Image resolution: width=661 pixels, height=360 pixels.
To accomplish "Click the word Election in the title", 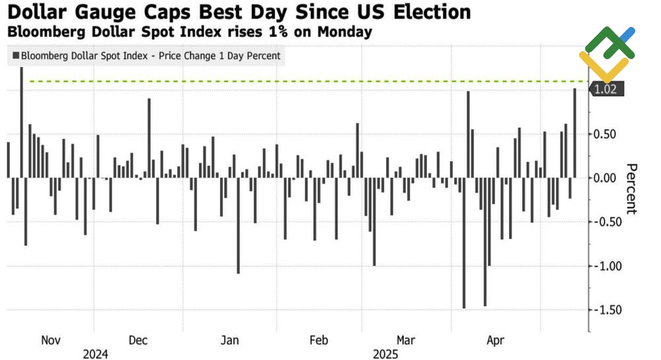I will click(432, 12).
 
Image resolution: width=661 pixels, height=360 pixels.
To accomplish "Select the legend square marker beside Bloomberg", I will click(15, 56).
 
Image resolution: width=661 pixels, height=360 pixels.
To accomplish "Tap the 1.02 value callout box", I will click(606, 89).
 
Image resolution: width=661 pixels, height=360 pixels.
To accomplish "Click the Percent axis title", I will click(631, 188).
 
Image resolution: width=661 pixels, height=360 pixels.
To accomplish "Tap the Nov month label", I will click(51, 340).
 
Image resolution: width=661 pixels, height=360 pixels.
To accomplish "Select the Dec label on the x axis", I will click(138, 340).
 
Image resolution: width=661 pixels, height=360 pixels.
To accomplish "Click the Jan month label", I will click(229, 340).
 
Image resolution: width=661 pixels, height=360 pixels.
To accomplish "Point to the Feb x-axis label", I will click(318, 340).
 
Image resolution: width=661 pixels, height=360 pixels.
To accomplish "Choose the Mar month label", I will click(405, 340).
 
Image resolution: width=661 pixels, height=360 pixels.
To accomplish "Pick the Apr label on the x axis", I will click(495, 340).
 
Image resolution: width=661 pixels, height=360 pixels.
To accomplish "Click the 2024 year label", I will click(95, 354).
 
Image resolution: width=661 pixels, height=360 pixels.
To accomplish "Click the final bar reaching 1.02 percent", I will click(574, 133).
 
